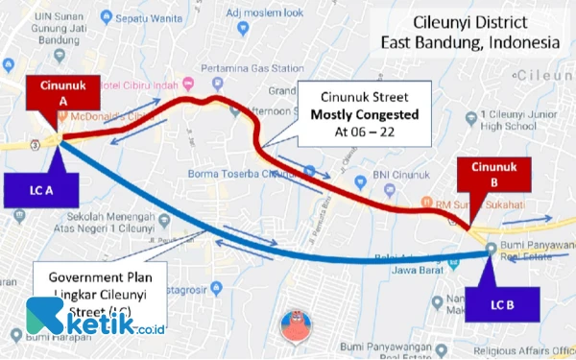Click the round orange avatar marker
[x=296, y=327]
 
